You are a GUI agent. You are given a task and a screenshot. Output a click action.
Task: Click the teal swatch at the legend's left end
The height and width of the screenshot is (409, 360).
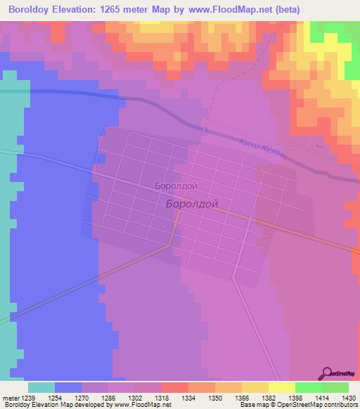click(41, 387)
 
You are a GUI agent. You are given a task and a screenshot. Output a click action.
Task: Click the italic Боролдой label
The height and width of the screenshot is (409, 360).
click(192, 204)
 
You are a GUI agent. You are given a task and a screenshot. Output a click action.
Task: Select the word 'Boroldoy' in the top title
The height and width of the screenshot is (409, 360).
click(32, 10)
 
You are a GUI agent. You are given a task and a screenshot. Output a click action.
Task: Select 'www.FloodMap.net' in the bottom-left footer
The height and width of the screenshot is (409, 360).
click(143, 405)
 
